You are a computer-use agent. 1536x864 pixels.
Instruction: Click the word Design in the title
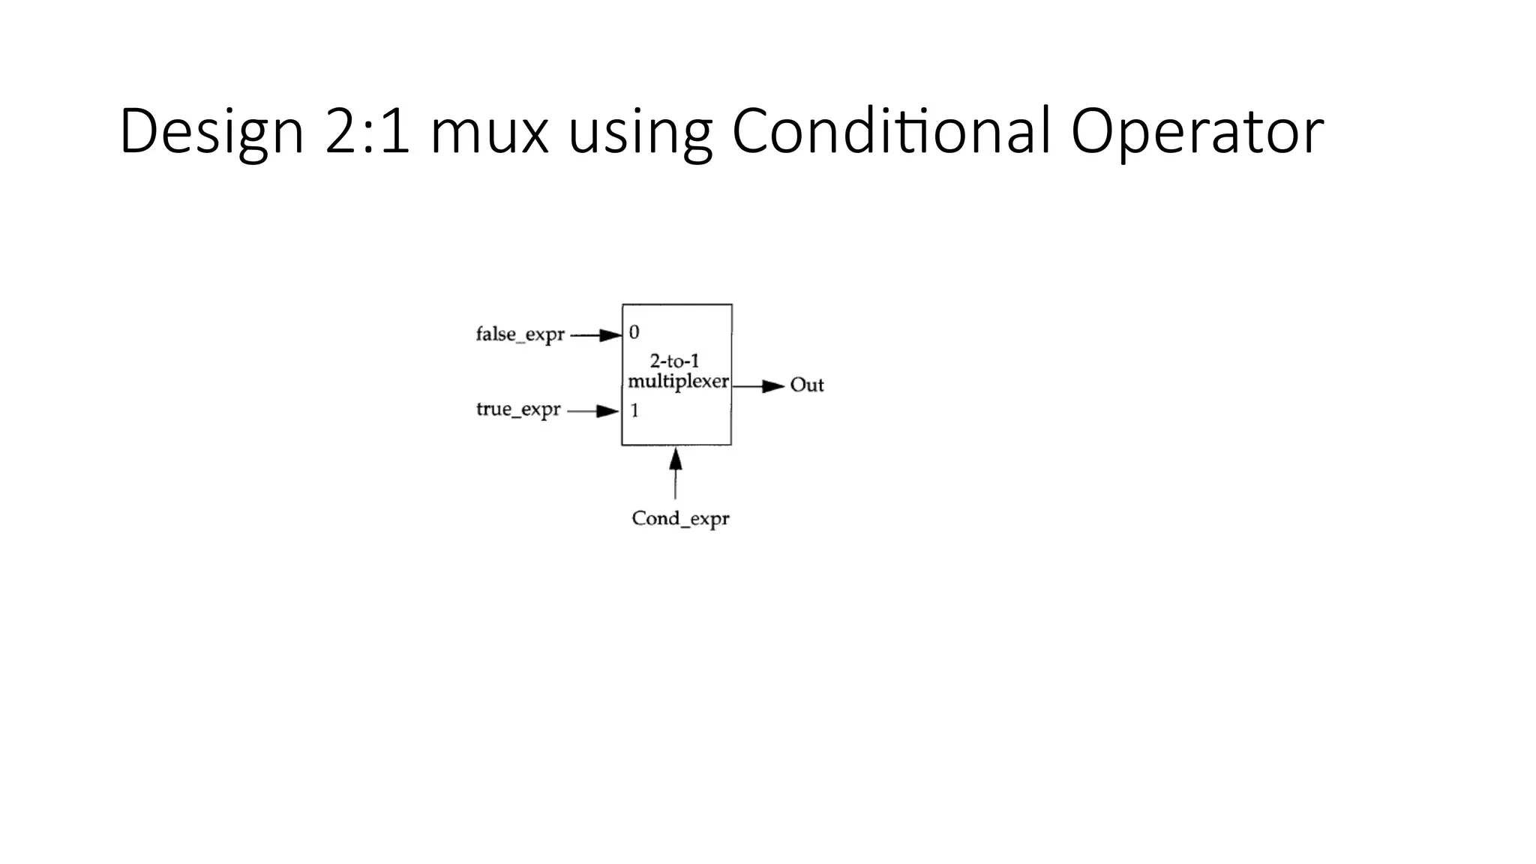(x=211, y=132)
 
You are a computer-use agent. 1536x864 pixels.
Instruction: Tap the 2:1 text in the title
(x=367, y=132)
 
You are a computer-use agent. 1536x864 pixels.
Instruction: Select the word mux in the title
(x=489, y=132)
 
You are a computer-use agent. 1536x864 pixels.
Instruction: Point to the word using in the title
(x=640, y=132)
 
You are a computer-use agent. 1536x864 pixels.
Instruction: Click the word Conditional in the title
(x=890, y=132)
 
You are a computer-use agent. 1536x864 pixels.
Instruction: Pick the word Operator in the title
(x=1196, y=132)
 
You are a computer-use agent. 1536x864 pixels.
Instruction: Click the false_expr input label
(x=520, y=334)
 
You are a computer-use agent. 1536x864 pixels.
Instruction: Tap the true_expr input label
(x=518, y=409)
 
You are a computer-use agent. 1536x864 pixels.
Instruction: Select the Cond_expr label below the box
(x=680, y=519)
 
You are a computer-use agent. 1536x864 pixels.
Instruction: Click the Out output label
(x=807, y=385)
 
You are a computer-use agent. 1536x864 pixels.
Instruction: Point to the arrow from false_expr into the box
(x=596, y=335)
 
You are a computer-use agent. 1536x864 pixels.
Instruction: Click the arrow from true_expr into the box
(x=593, y=411)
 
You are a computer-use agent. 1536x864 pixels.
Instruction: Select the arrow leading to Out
(x=758, y=386)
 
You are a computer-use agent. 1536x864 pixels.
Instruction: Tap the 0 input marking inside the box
(x=634, y=331)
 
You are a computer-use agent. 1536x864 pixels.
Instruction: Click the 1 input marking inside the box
(x=634, y=410)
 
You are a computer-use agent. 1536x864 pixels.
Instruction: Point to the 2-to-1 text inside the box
(x=674, y=361)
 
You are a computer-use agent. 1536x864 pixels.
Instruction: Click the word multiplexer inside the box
(x=678, y=381)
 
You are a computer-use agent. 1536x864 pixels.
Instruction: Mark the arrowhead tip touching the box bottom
(x=676, y=449)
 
